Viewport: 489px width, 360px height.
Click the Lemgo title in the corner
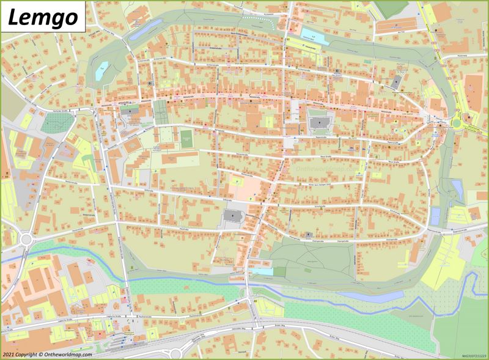point(43,17)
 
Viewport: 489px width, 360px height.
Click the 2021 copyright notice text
point(47,354)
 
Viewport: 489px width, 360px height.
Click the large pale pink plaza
point(243,188)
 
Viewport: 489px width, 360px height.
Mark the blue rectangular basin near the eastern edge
point(435,216)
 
